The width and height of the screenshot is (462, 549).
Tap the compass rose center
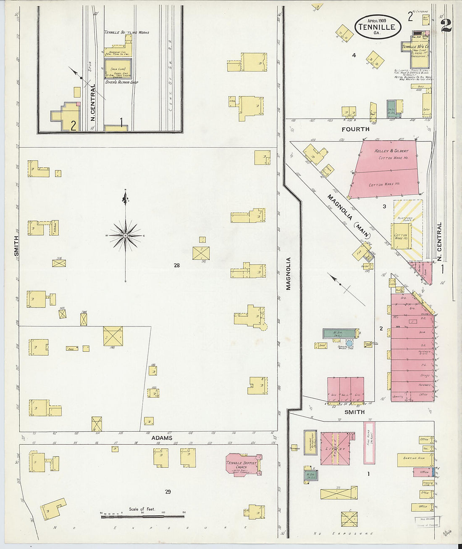click(125, 236)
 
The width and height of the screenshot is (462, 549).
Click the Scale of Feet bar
click(142, 516)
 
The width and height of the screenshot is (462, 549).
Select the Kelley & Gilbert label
click(391, 151)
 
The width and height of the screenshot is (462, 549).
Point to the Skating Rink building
click(415, 459)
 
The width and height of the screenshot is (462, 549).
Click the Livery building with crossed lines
click(334, 448)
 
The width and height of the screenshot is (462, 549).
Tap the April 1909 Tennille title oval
click(377, 26)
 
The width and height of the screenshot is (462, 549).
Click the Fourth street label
click(355, 129)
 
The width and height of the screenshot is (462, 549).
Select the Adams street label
click(162, 438)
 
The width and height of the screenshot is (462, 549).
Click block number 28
click(176, 265)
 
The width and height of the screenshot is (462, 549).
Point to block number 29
click(168, 491)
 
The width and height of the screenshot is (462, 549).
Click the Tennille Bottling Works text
click(126, 32)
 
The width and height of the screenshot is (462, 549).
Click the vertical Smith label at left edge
click(16, 246)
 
